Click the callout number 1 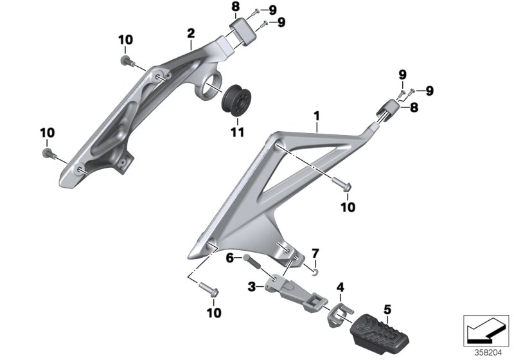(315, 118)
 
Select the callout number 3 (253, 285)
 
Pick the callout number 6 (229, 258)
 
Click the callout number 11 (237, 132)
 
